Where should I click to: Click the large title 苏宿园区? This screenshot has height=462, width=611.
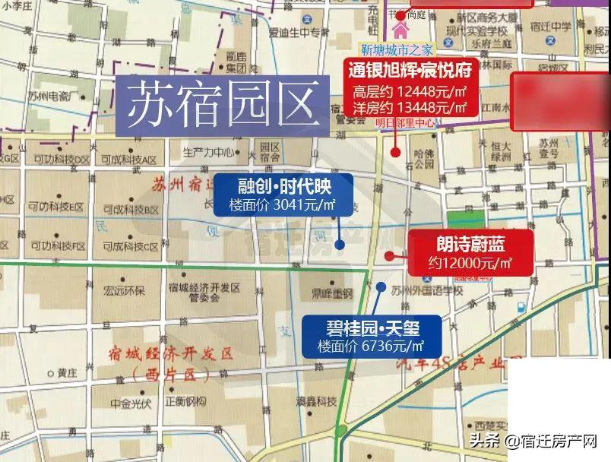point(222,106)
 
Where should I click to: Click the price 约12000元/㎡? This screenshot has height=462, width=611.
point(469,263)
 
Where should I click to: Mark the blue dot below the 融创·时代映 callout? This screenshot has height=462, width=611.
point(340,245)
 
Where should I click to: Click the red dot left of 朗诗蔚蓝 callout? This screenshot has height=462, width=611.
point(389,256)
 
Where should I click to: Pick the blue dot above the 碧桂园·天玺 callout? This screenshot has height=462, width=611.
point(381,287)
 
